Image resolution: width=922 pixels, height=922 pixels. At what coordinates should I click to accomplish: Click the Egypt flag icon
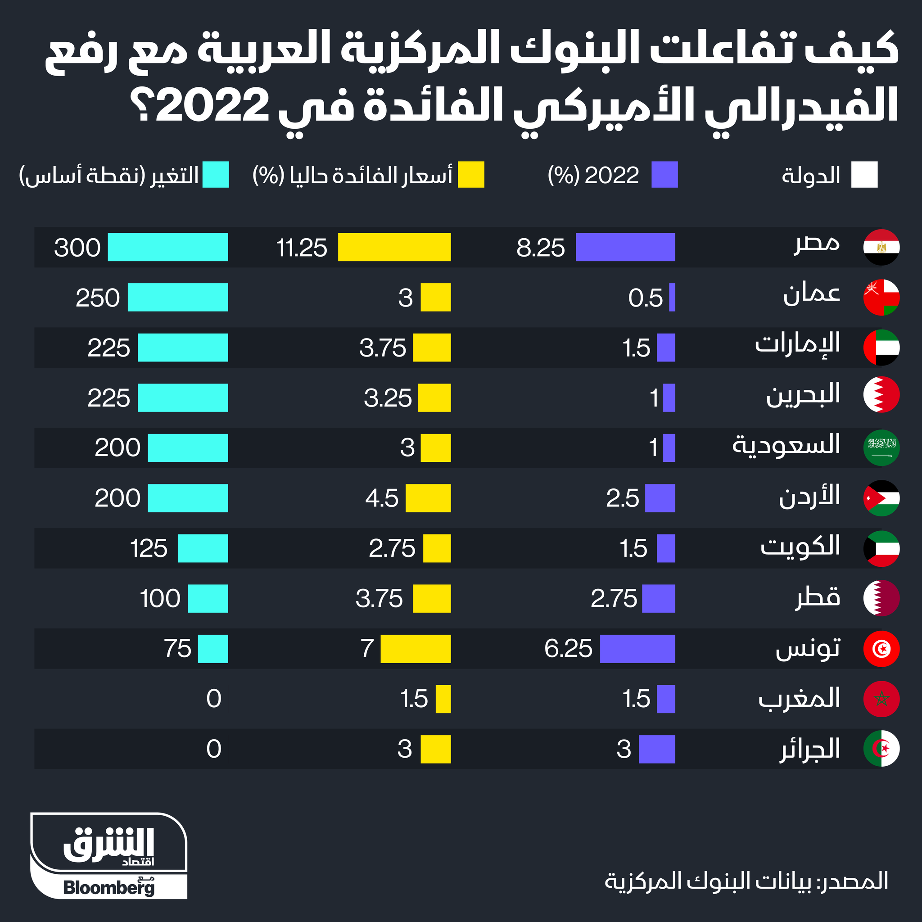coord(881,247)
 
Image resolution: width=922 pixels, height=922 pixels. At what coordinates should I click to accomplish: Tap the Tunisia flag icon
coord(881,649)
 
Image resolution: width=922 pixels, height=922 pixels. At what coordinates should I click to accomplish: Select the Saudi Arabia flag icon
coord(881,447)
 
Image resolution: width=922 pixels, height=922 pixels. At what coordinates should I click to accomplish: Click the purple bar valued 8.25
coord(625,247)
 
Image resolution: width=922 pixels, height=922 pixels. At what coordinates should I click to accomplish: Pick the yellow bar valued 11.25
coord(394,247)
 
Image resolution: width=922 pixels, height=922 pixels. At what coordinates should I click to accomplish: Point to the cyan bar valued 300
coord(167,247)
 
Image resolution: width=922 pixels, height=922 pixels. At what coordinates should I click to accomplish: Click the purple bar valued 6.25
coord(637,649)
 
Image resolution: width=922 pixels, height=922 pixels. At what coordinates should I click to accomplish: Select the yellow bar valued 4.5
coord(428,498)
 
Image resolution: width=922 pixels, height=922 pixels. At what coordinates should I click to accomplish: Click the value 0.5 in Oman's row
coord(645,298)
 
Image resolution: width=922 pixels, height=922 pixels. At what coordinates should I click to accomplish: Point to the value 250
coord(98,298)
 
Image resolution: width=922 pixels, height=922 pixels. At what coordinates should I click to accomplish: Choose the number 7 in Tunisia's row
coord(367,649)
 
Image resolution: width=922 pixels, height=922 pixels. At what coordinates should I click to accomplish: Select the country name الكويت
coord(800,547)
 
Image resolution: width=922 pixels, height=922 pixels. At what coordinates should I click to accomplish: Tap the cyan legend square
coord(215,175)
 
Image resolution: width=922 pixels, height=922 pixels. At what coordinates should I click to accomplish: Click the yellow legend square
coord(471,175)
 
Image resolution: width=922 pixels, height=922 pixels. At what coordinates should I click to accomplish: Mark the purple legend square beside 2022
coord(664,175)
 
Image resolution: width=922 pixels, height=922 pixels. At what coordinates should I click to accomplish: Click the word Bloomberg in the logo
coord(109,888)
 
